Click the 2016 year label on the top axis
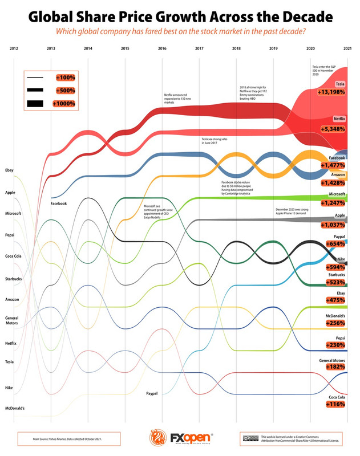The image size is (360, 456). [162, 48]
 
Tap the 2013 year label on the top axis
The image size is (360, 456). [51, 48]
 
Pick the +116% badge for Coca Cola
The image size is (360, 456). [338, 404]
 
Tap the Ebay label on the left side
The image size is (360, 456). [9, 170]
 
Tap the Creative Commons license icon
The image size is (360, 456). [249, 438]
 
